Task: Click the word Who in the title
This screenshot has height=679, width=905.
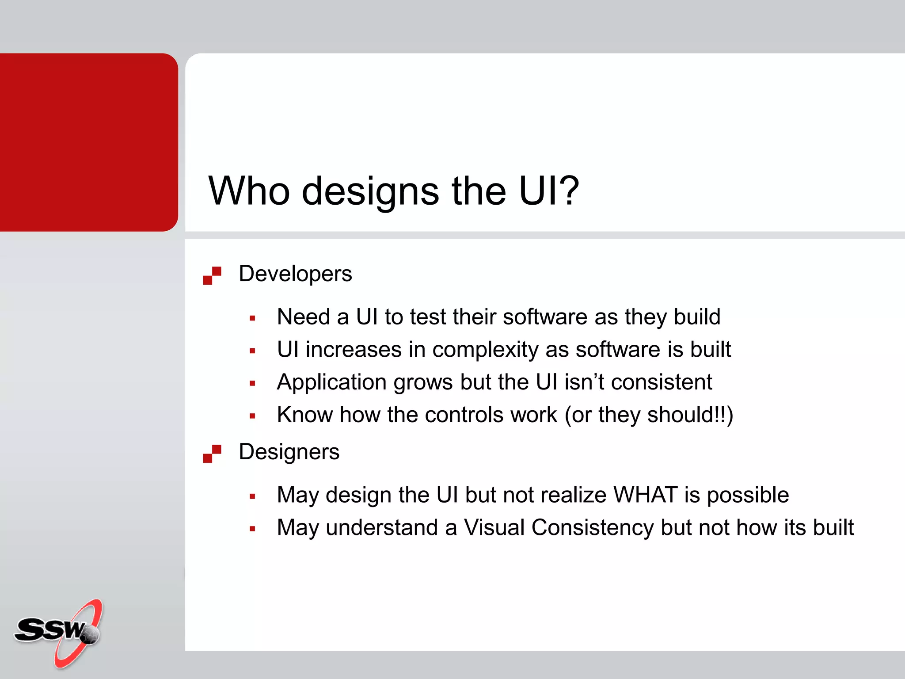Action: point(249,191)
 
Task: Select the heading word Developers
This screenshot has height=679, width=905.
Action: point(295,274)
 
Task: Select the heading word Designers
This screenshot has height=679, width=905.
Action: point(289,452)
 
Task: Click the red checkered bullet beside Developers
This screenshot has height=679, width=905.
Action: point(212,275)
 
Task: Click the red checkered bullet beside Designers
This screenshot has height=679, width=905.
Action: point(212,454)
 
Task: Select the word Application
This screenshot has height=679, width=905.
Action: point(332,383)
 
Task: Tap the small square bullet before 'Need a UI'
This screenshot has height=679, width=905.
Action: point(252,318)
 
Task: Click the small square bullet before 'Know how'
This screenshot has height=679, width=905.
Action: point(252,416)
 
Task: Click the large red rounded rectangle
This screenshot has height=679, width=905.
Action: point(88,142)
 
